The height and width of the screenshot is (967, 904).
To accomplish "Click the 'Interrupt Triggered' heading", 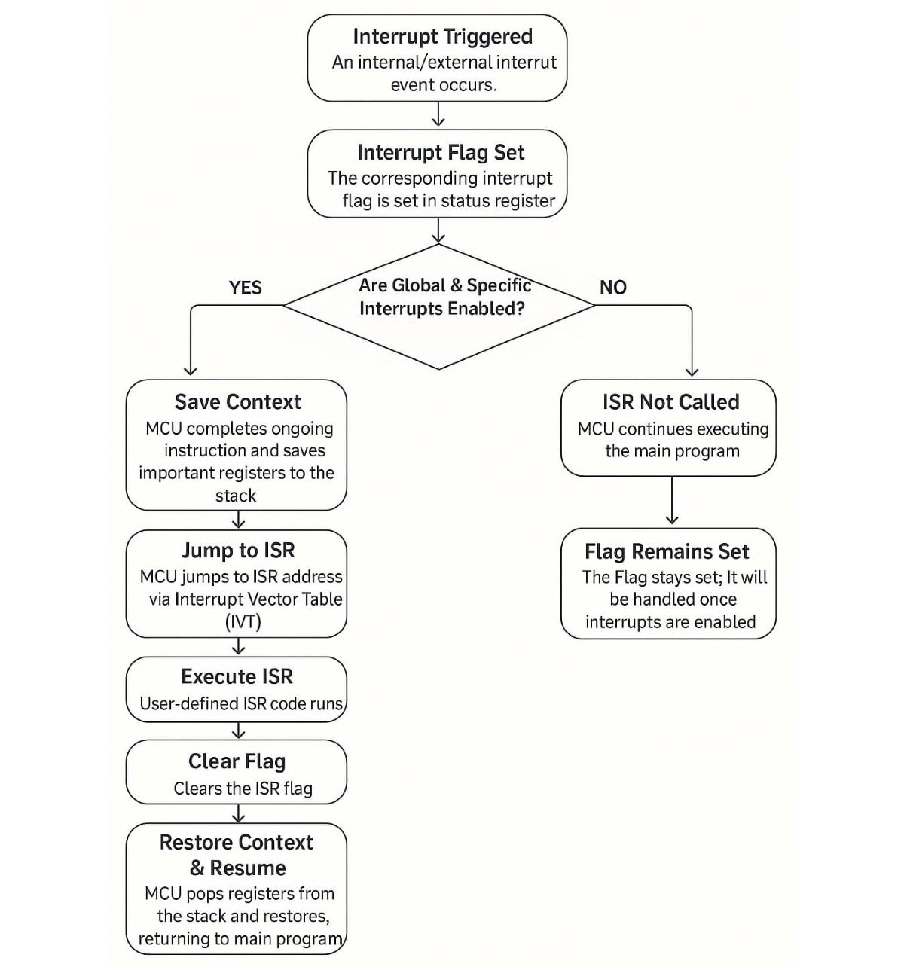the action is tap(442, 37).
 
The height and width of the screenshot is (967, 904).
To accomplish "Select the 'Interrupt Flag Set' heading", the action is tap(441, 152).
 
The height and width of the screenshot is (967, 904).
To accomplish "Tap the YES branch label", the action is tap(245, 288).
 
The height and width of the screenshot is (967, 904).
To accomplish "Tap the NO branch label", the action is tap(612, 287).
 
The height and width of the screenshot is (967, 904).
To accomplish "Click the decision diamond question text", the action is tap(444, 297).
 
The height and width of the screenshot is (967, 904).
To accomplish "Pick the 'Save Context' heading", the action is tap(238, 402).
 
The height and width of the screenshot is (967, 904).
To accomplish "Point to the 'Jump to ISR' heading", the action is tap(238, 551).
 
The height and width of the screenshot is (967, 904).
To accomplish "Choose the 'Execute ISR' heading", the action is tap(237, 676).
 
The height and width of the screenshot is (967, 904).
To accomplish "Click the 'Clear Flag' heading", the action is tap(237, 761).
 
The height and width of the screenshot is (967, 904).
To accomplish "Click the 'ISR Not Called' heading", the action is tap(670, 402).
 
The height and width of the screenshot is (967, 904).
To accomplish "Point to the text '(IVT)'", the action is tap(243, 622).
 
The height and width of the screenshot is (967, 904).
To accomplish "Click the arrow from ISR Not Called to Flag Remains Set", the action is tap(672, 500).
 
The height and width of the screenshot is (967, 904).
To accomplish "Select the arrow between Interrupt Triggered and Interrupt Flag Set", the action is tap(438, 114).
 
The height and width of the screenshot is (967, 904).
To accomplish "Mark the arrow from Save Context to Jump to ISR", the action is tap(238, 519).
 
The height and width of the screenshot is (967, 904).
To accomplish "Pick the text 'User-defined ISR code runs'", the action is tap(241, 703).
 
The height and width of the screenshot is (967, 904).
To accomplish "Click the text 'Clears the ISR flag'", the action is tap(243, 789).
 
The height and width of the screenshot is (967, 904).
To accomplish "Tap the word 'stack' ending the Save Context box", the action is tap(236, 496).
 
